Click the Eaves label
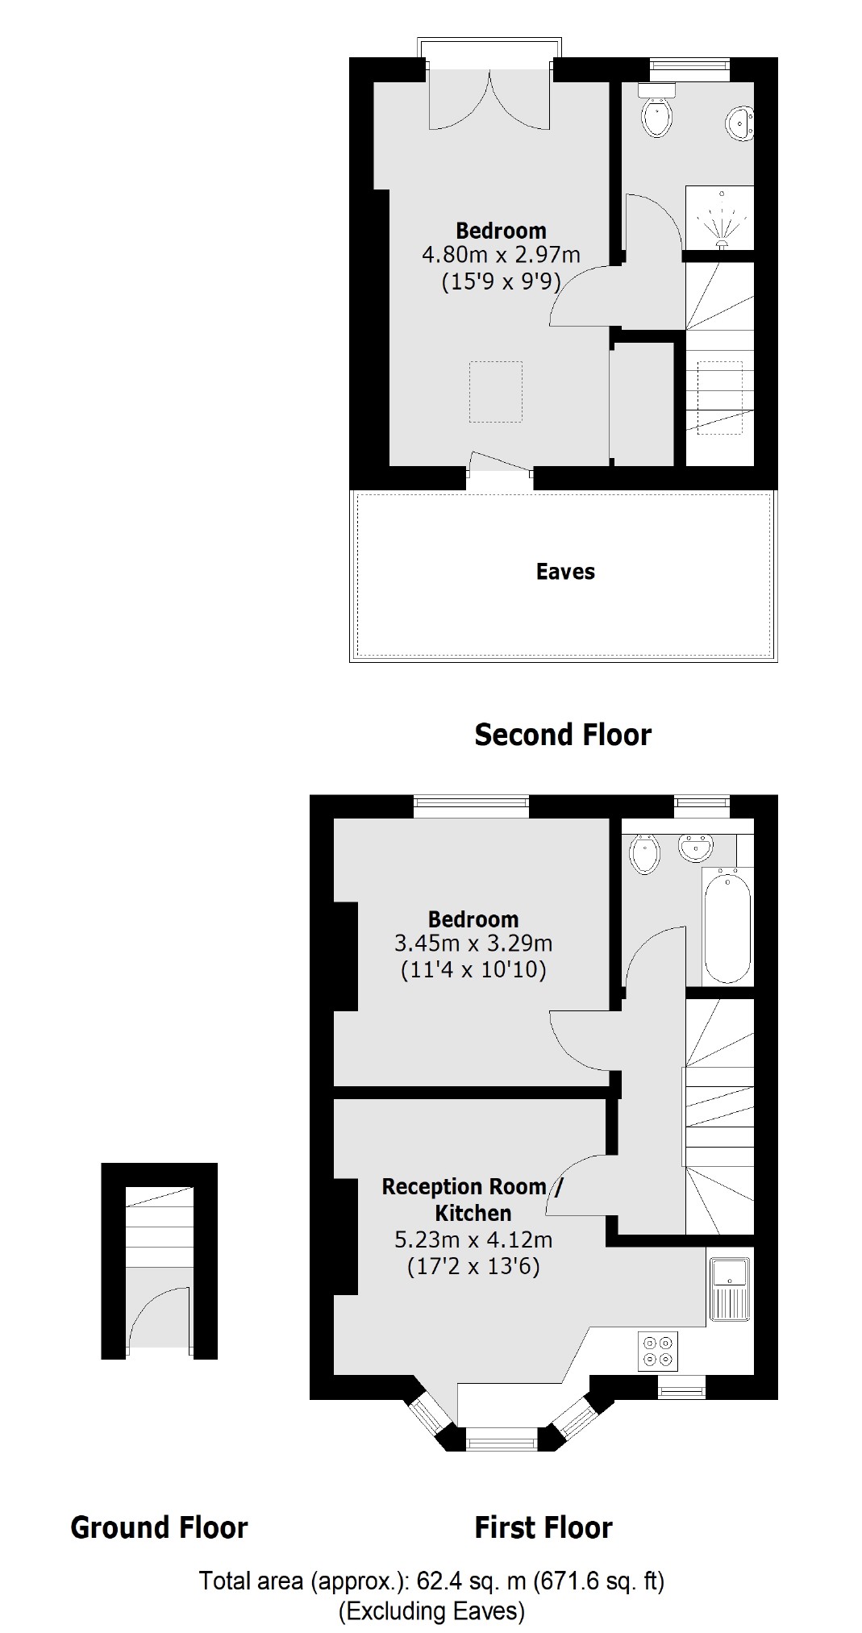pyautogui.click(x=565, y=572)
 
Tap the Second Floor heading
pyautogui.click(x=562, y=735)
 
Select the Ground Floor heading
pyautogui.click(x=159, y=1527)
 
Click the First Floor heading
pyautogui.click(x=543, y=1527)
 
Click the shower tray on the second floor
pyautogui.click(x=719, y=218)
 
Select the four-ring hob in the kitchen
pyautogui.click(x=658, y=1351)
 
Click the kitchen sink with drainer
pyautogui.click(x=730, y=1289)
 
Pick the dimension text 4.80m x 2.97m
pyautogui.click(x=501, y=256)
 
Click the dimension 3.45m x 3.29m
pyautogui.click(x=473, y=943)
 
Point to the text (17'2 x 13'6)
pyautogui.click(x=473, y=1266)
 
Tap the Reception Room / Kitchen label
pyautogui.click(x=473, y=1199)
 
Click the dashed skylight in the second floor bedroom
pyautogui.click(x=496, y=392)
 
